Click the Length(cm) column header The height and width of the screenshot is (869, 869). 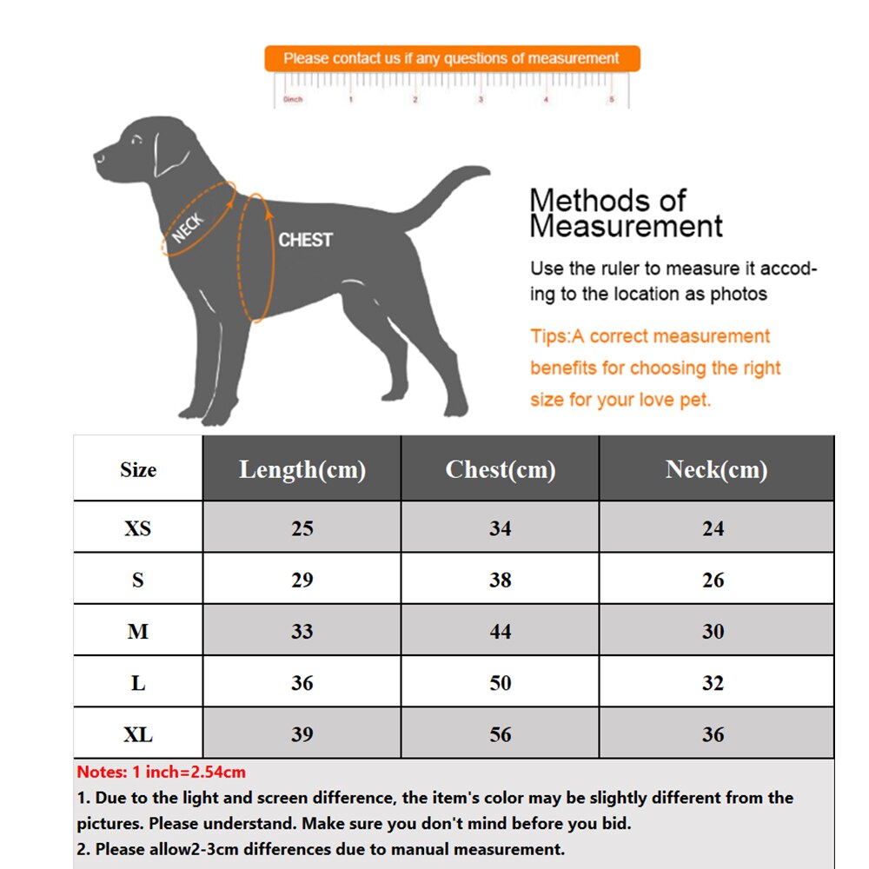tap(302, 469)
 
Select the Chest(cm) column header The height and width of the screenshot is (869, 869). tap(500, 469)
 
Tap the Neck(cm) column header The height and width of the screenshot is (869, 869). tap(716, 469)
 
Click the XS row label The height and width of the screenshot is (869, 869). tap(137, 528)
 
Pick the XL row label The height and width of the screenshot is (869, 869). tap(137, 734)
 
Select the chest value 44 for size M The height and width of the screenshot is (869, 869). tap(500, 632)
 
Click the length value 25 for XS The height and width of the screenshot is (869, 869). tap(302, 528)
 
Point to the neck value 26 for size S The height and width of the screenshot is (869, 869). tap(713, 580)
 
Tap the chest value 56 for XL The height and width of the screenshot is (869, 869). tap(500, 734)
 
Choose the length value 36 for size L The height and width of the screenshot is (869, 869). tap(302, 683)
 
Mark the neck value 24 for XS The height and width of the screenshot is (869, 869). tap(713, 528)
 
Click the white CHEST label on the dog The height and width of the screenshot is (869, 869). tap(305, 240)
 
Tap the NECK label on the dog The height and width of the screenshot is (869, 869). tap(189, 228)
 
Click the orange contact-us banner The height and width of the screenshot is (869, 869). tap(452, 59)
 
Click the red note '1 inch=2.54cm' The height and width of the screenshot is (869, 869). tap(161, 772)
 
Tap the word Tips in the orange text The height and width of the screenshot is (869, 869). tap(549, 336)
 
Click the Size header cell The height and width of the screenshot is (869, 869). tap(137, 469)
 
